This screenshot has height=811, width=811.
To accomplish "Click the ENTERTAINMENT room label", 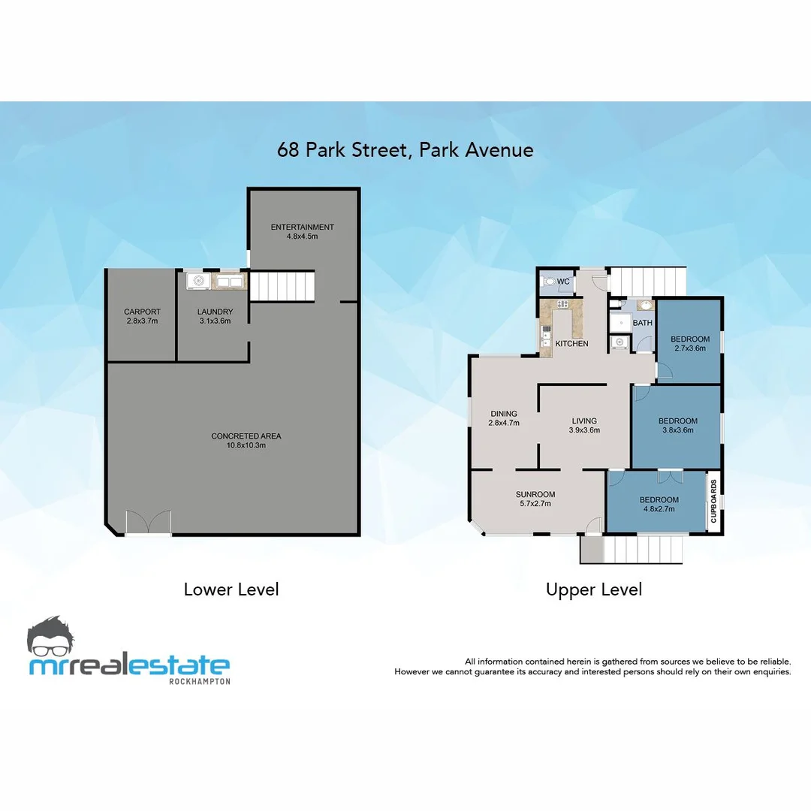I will tap(303, 227).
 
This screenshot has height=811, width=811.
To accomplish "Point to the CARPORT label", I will tap(141, 312).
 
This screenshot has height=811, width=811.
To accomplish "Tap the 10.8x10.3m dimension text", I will tap(246, 445).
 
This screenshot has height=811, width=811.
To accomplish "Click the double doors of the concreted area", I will tap(148, 523).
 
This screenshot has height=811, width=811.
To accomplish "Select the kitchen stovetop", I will tap(562, 304).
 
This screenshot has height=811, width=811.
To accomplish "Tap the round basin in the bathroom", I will tap(644, 306).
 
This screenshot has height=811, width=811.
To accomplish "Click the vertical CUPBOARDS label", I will tap(714, 501).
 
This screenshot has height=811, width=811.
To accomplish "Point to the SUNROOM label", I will tap(535, 494).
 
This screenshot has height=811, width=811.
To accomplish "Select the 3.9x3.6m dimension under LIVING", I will tap(584, 430).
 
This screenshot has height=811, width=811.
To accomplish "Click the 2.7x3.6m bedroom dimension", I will tap(689, 348).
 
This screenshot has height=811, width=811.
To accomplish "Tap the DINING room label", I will tap(504, 414).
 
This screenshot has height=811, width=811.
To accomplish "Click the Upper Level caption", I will tap(593, 590).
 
